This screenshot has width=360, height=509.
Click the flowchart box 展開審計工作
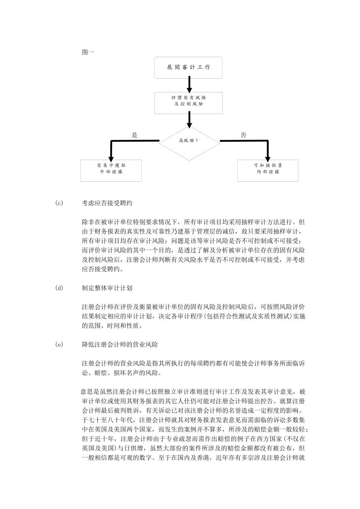188,67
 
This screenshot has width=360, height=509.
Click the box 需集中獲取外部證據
111,170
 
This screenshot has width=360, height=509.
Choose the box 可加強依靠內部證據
268,170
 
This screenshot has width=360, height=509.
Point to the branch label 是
135,135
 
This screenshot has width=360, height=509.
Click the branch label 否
243,135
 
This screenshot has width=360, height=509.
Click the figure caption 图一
88,52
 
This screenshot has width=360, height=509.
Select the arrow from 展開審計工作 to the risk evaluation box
189,84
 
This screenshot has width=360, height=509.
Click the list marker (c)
59,203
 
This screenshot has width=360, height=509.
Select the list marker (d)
59,288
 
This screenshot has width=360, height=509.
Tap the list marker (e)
59,345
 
